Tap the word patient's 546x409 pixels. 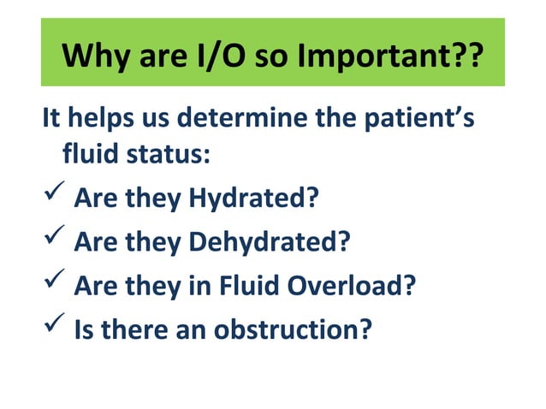[x=424, y=116]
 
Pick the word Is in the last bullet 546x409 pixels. [x=85, y=328]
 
